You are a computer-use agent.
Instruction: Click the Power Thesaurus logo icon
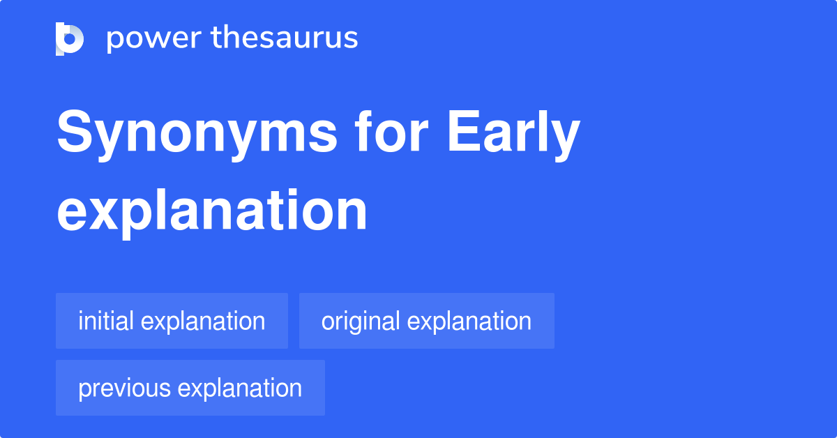tap(70, 38)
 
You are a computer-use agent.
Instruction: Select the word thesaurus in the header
tap(285, 38)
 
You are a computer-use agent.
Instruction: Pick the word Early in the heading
tap(513, 134)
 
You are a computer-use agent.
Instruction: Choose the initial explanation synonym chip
tap(172, 321)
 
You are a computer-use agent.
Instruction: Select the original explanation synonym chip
tap(426, 321)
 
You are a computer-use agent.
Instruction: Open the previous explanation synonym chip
tap(190, 388)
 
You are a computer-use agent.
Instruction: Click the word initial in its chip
tap(107, 321)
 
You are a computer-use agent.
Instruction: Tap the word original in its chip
tap(361, 321)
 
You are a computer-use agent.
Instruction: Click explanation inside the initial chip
tap(203, 321)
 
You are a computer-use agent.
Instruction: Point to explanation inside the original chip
tap(469, 321)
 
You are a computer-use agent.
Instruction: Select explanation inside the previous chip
tap(240, 388)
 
